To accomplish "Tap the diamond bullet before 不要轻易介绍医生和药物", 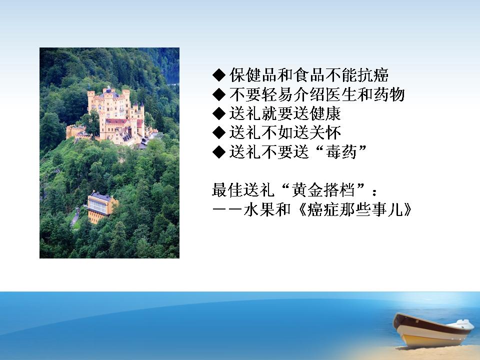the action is coord(219,94).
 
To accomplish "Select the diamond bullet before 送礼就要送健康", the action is coord(219,113).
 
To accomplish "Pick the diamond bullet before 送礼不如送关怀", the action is coord(219,132).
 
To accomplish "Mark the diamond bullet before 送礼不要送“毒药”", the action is coord(219,152).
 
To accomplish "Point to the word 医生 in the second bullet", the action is coord(341,94).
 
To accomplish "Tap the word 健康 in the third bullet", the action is coord(325,113).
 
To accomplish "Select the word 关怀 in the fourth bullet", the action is coord(325,132).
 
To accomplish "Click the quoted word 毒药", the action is coord(341,152).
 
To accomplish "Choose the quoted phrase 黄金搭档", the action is coord(323,190).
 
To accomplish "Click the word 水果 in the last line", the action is coord(259,209).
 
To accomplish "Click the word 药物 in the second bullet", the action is coord(389,94).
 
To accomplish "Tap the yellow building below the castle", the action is coord(101,206).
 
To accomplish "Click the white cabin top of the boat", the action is coord(464,323).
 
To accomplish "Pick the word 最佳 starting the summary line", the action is coord(227,190).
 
